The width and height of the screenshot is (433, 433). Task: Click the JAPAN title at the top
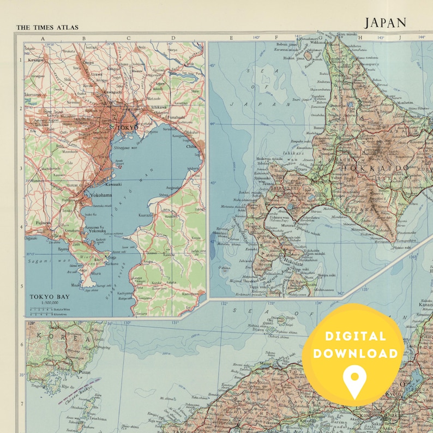coord(386,22)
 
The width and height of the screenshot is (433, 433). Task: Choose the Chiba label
coord(191,146)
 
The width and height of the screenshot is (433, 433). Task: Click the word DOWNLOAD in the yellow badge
coord(353,353)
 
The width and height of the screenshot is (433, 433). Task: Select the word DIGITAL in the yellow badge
coord(353,336)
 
